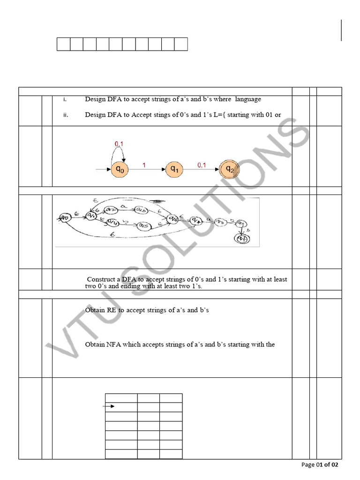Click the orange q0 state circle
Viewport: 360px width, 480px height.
coord(120,170)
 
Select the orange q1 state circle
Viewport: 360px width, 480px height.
coord(174,170)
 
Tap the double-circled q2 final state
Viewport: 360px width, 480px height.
coord(229,170)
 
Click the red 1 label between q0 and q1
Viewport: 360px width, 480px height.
coord(144,165)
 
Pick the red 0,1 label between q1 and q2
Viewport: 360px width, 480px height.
coord(202,165)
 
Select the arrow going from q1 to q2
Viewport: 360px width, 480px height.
coord(202,170)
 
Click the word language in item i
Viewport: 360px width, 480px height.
coord(248,99)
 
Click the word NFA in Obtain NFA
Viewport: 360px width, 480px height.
coord(115,345)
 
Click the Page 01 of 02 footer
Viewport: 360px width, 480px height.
coord(319,465)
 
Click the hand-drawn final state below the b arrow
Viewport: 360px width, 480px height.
coord(242,240)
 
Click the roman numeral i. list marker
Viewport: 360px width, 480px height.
coord(65,99)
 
